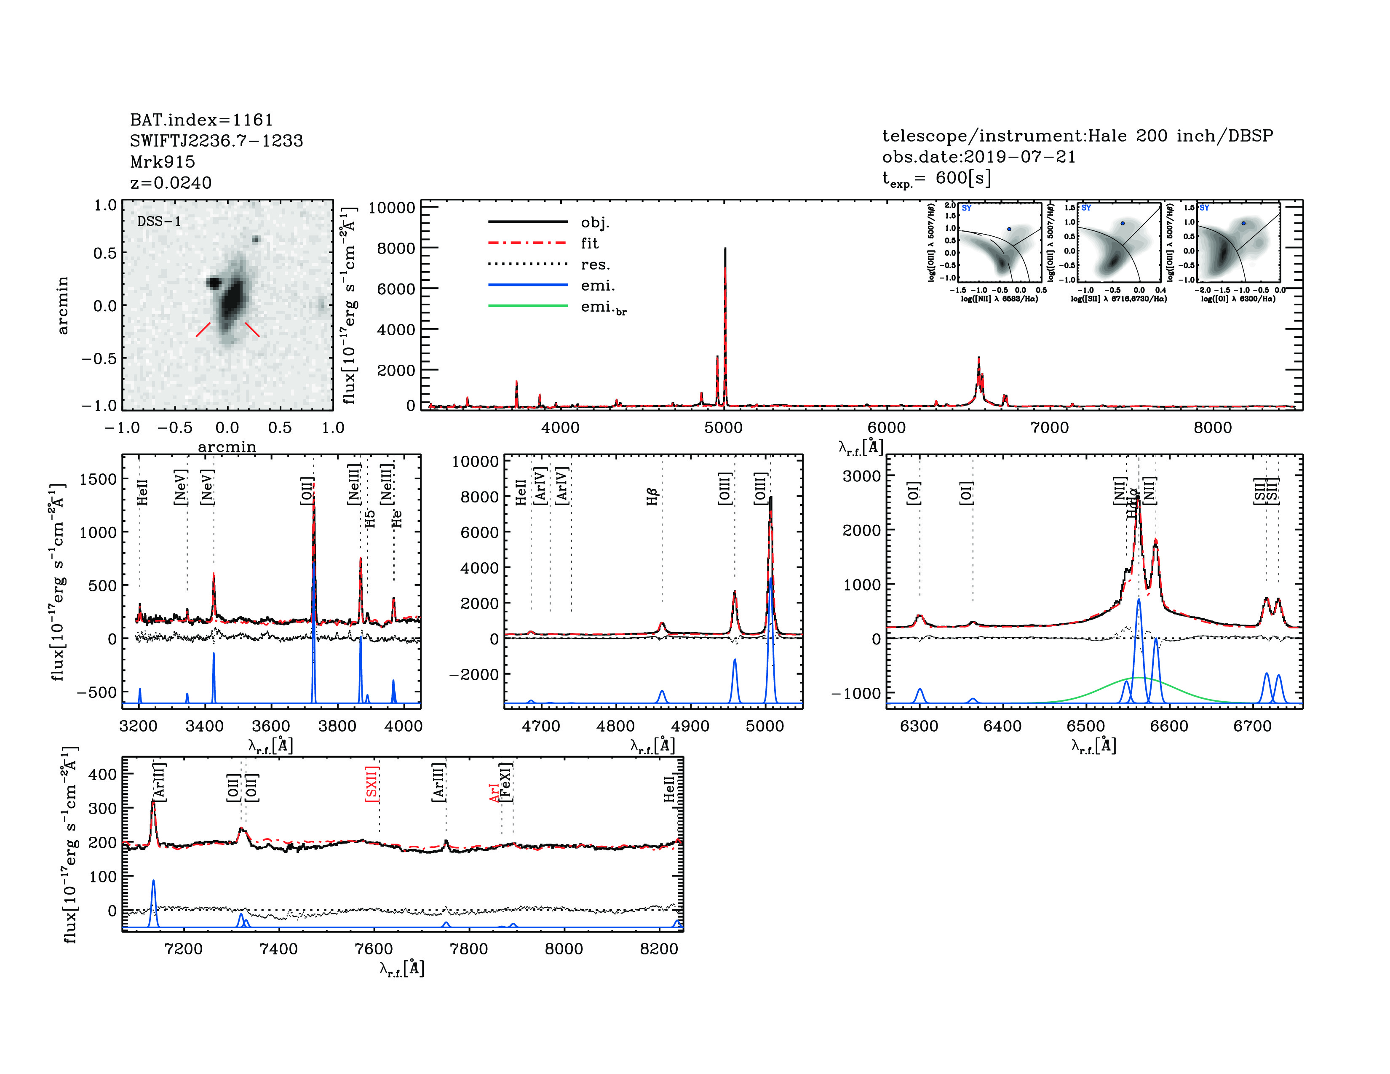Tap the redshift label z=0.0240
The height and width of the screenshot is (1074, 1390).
tap(171, 183)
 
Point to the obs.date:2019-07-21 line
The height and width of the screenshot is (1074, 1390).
tap(978, 157)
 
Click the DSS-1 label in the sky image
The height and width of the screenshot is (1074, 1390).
tap(159, 222)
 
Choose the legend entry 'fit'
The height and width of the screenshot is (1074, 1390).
tap(589, 243)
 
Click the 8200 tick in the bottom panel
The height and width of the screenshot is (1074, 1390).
tap(659, 948)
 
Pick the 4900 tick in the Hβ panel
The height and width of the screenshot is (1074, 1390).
tap(690, 726)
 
